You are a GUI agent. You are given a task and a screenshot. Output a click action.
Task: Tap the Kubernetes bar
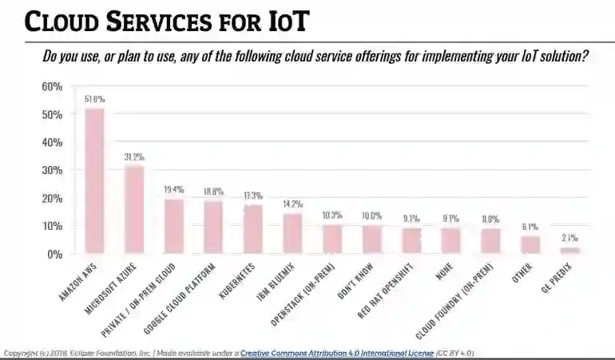point(252,229)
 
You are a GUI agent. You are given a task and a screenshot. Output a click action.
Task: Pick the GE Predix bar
point(569,250)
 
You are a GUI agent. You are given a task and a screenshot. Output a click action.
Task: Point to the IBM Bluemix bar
point(292,233)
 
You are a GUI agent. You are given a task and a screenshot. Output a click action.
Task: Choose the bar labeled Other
point(530,244)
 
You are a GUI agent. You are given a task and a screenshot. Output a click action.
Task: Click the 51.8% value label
point(94,100)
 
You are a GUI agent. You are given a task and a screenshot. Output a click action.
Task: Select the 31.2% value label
point(133,157)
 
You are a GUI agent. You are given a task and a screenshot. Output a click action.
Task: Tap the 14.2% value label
point(292,204)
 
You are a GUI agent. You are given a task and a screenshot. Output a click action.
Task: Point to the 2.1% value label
point(569,238)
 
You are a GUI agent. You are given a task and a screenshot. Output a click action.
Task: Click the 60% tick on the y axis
point(52,86)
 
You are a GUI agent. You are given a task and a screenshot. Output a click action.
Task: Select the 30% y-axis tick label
point(52,170)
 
